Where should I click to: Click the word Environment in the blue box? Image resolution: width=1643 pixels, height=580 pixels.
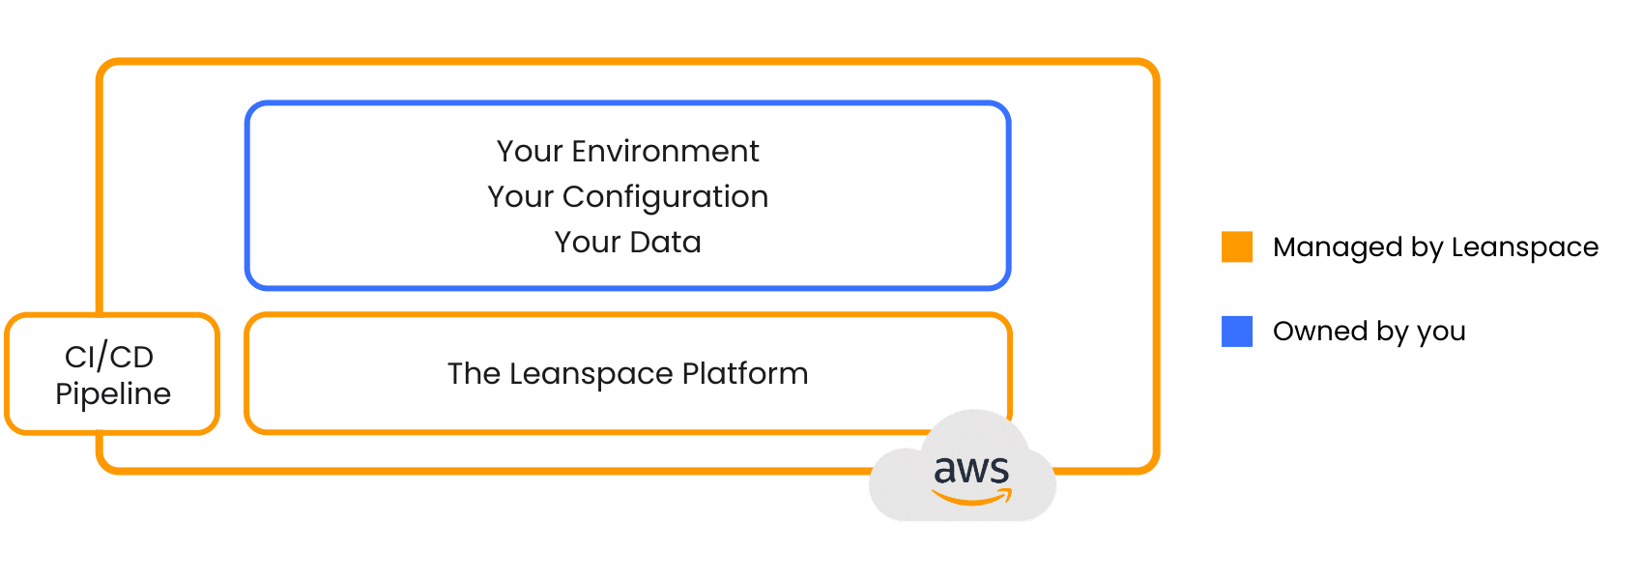click(x=665, y=151)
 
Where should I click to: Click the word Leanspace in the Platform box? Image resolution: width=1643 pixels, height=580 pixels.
click(x=591, y=375)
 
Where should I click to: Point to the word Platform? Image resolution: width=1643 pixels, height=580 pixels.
click(x=745, y=373)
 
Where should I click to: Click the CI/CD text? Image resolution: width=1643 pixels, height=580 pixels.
click(x=109, y=357)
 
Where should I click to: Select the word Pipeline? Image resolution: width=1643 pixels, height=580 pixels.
click(x=113, y=394)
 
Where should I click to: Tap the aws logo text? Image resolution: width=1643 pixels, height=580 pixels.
click(x=971, y=469)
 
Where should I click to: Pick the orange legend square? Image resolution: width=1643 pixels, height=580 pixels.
click(x=1237, y=246)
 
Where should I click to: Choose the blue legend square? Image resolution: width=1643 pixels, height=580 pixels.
click(x=1237, y=332)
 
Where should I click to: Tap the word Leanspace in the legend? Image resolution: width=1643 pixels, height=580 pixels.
click(x=1525, y=248)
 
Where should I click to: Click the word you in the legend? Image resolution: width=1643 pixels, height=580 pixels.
click(x=1441, y=334)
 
